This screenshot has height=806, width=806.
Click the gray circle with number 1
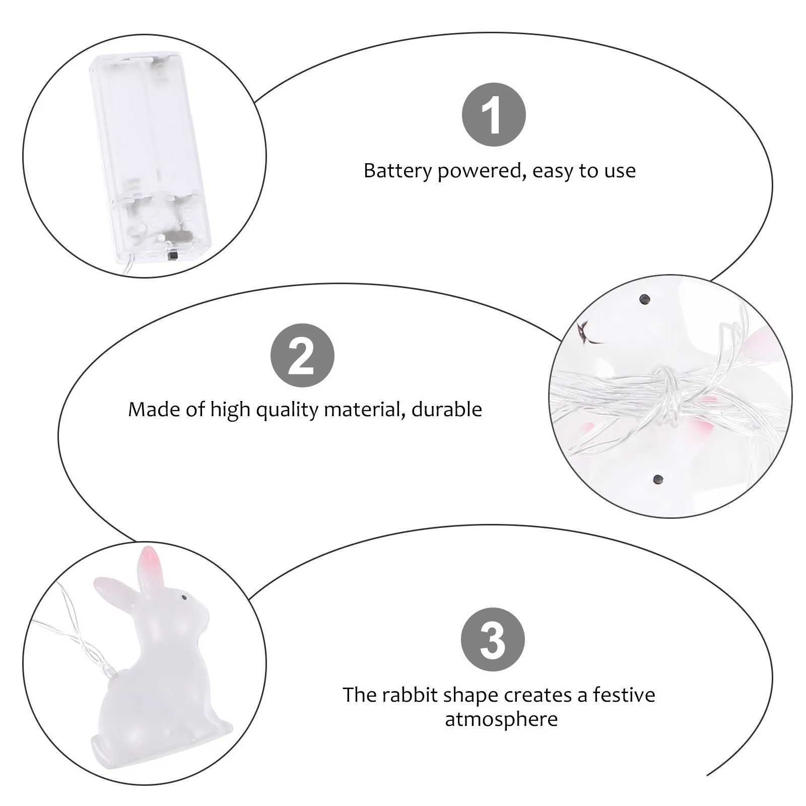[494, 115]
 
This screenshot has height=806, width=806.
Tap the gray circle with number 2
[302, 356]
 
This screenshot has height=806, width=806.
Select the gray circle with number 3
[493, 640]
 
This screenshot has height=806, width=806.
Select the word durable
[447, 409]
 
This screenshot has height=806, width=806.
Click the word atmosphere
[501, 719]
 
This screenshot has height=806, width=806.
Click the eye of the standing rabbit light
[184, 597]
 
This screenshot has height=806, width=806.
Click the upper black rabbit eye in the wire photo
[643, 300]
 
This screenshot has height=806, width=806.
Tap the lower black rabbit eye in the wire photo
[657, 480]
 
